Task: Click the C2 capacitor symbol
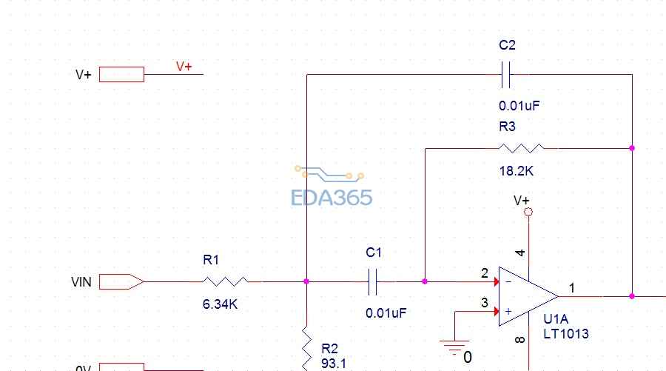pos(507,74)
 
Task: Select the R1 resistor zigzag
pos(225,281)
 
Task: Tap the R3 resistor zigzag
pos(521,148)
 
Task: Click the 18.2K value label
pos(516,171)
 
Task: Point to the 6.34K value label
pos(220,304)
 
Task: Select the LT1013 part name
pos(566,334)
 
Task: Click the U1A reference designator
pos(556,320)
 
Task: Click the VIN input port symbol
pos(121,281)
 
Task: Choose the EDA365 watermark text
pos(332,198)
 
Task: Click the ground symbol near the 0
pos(454,345)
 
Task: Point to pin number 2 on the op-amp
pos(485,274)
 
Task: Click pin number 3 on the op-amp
pos(485,303)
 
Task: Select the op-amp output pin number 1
pos(572,287)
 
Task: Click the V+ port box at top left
pos(121,74)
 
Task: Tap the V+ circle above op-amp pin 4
pos(528,213)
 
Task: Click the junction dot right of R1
pos(306,281)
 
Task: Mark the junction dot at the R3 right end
pos(632,148)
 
